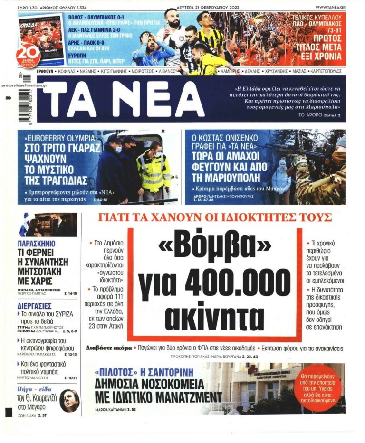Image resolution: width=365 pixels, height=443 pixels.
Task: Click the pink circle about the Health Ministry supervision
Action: coord(322,387)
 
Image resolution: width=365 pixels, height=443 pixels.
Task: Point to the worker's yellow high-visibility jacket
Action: coord(153,171)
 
